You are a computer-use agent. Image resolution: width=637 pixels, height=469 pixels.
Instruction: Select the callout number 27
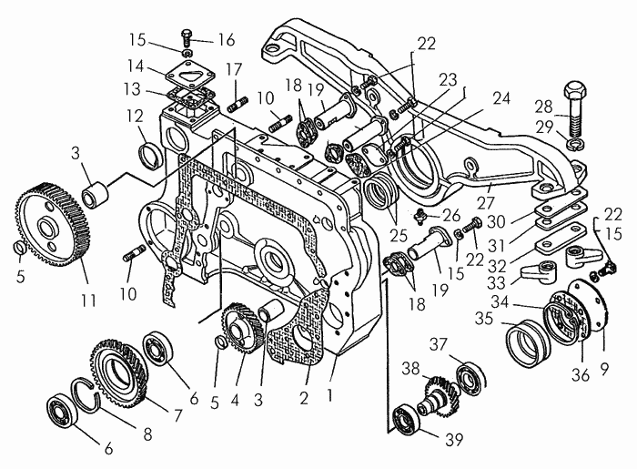click(485, 202)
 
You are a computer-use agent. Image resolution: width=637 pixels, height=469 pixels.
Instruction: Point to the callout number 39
click(454, 439)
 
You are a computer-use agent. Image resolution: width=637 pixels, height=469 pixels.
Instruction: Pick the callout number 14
click(136, 66)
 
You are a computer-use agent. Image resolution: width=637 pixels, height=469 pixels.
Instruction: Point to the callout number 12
click(135, 117)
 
